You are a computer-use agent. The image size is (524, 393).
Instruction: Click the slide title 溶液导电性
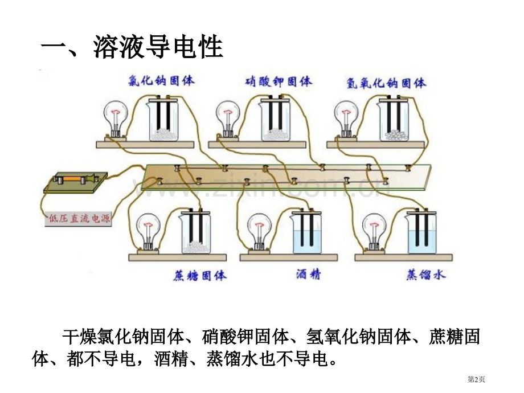click(x=158, y=47)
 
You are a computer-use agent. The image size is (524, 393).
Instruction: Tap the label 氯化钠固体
click(x=161, y=80)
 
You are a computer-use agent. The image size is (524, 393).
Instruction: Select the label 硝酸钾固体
click(x=279, y=81)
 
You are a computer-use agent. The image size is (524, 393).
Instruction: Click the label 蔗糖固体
click(x=200, y=276)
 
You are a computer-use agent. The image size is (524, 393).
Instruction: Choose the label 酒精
click(x=308, y=275)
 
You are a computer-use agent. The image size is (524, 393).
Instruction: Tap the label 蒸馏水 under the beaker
click(x=426, y=275)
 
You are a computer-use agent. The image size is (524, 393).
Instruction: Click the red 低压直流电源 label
click(x=79, y=219)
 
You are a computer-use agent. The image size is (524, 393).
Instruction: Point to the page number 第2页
click(x=476, y=379)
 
